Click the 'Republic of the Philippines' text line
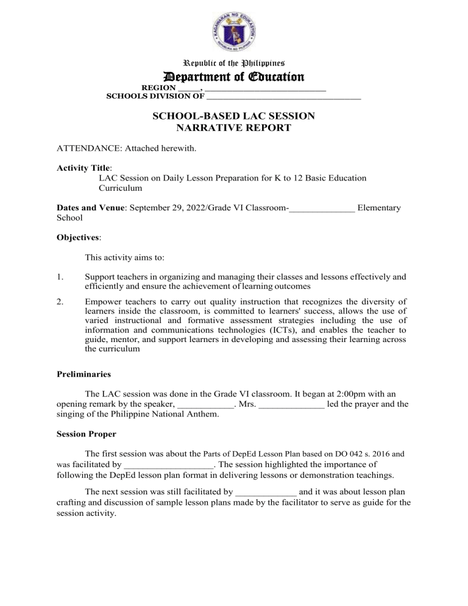coord(234,63)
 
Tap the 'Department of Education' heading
coord(234,77)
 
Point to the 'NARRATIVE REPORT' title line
coord(234,128)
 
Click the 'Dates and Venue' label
coord(91,208)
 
